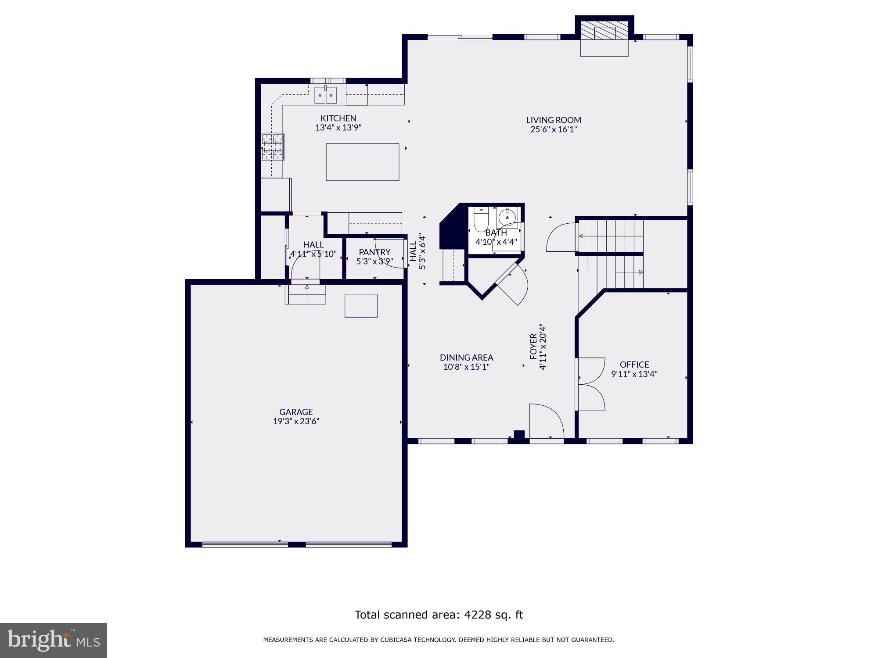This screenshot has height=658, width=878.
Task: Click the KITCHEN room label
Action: [338, 118]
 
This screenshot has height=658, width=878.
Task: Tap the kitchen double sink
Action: [325, 95]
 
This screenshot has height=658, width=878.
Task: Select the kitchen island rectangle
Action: [362, 162]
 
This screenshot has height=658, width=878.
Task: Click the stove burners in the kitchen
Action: [272, 147]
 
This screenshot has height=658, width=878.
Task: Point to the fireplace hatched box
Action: [605, 32]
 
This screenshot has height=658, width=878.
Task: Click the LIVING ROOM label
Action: [553, 120]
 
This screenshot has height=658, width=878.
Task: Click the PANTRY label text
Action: [374, 252]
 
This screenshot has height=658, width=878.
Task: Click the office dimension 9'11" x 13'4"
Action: [634, 374]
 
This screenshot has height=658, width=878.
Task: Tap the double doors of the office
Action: [590, 384]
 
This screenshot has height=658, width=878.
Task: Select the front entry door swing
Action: [546, 421]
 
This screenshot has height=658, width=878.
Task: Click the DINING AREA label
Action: [466, 358]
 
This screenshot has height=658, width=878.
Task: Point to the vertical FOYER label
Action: [533, 346]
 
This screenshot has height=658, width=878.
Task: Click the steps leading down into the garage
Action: [306, 294]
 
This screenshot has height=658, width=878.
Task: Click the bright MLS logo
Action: [53, 640]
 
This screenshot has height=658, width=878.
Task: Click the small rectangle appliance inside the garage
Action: [361, 305]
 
